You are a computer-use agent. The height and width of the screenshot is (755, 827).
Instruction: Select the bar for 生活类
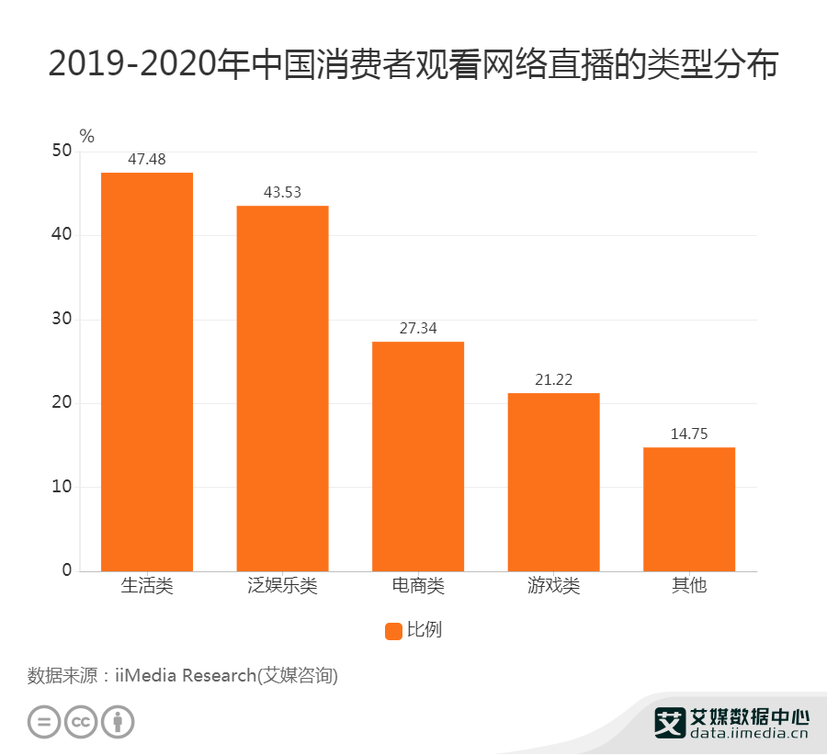pyautogui.click(x=147, y=371)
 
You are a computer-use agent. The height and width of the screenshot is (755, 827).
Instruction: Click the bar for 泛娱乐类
pyautogui.click(x=282, y=388)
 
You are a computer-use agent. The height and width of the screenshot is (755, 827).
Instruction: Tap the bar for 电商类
pyautogui.click(x=418, y=456)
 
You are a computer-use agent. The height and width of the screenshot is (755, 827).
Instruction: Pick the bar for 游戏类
pyautogui.click(x=553, y=481)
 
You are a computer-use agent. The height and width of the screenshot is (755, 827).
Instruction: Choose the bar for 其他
pyautogui.click(x=689, y=509)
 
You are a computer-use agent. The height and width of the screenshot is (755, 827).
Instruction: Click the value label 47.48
pyautogui.click(x=147, y=160)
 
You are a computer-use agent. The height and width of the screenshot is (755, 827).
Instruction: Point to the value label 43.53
pyautogui.click(x=282, y=193)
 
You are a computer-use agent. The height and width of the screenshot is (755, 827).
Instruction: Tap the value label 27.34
pyautogui.click(x=418, y=329)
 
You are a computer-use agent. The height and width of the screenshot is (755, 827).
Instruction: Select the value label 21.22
pyautogui.click(x=553, y=380)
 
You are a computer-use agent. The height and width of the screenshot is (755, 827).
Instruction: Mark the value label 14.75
pyautogui.click(x=689, y=434)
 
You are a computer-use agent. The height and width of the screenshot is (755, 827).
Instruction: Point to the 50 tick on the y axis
pyautogui.click(x=62, y=152)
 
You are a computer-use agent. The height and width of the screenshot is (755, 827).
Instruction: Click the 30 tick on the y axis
pyautogui.click(x=62, y=320)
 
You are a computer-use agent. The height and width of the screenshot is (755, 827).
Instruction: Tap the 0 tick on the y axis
pyautogui.click(x=66, y=570)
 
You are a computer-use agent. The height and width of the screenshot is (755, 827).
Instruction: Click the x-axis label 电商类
pyautogui.click(x=418, y=585)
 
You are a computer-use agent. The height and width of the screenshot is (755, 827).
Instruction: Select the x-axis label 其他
pyautogui.click(x=689, y=585)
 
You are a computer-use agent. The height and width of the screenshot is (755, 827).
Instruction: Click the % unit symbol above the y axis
pyautogui.click(x=86, y=137)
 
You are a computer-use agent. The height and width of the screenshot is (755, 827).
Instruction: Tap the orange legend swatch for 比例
pyautogui.click(x=393, y=631)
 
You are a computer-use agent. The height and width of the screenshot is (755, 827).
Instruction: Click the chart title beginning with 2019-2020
pyautogui.click(x=413, y=66)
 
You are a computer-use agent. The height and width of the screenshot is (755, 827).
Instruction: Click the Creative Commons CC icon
pyautogui.click(x=81, y=721)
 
